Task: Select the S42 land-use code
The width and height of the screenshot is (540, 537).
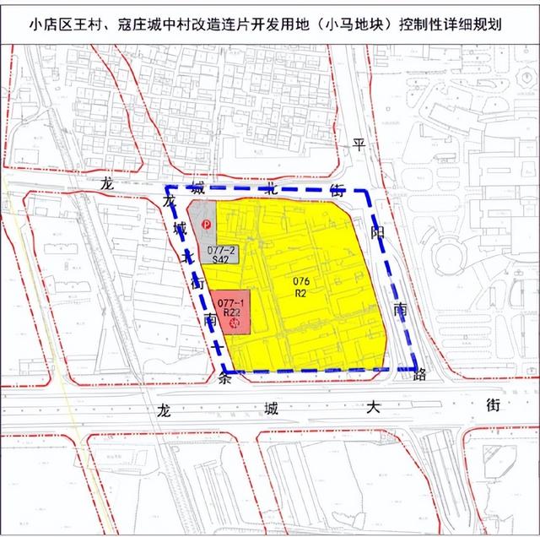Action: tap(220, 260)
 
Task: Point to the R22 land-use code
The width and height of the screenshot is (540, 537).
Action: tap(229, 312)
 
